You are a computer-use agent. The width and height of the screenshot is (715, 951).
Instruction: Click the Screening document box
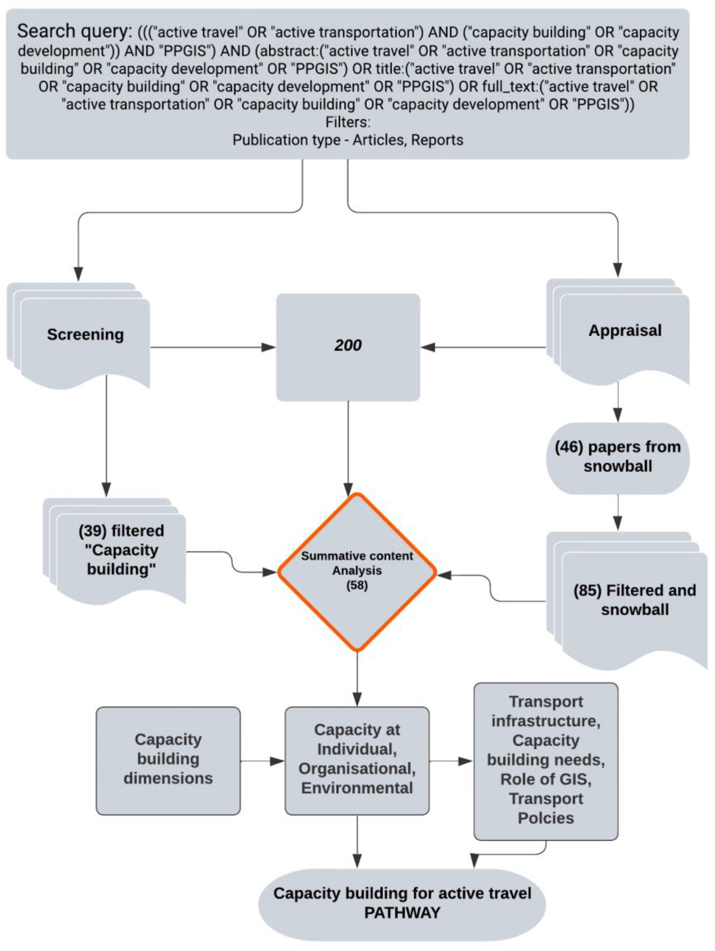[85, 335]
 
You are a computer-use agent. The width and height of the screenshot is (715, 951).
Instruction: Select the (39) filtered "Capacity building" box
[121, 550]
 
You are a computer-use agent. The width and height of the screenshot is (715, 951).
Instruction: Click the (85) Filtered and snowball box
[634, 600]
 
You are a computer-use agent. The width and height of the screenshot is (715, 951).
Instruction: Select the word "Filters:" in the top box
[347, 122]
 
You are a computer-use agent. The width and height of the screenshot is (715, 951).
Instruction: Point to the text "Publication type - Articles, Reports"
[347, 140]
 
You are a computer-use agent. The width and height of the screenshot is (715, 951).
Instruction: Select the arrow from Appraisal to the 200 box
[482, 347]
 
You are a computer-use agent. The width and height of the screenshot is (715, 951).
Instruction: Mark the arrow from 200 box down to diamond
[348, 447]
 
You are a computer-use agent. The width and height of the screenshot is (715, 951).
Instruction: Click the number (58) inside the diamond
[357, 586]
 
